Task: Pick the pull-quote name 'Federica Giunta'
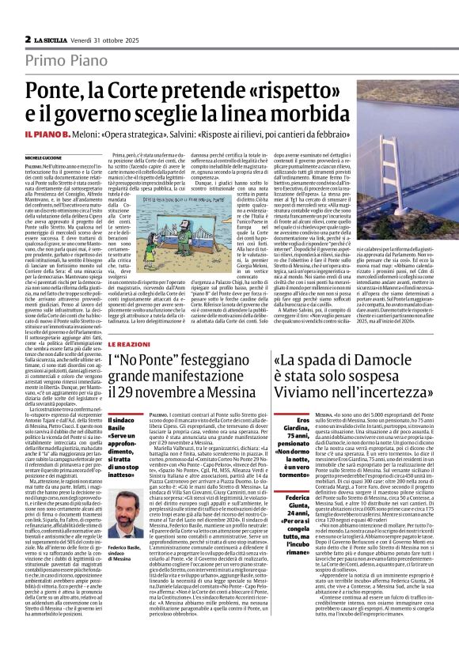point(295,501)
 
